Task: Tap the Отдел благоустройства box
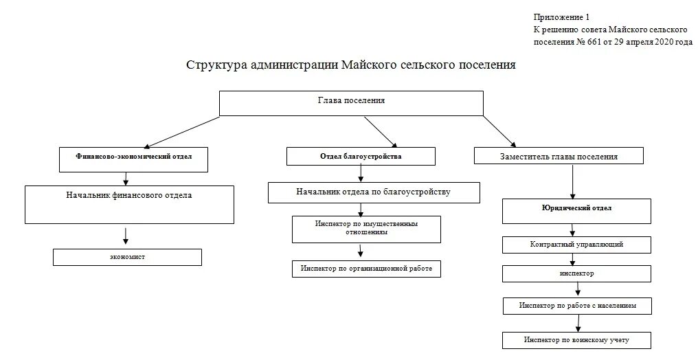[361, 157]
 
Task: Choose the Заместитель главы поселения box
[558, 157]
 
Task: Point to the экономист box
[128, 257]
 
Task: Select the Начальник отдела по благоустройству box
[373, 192]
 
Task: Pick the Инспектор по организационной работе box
[365, 269]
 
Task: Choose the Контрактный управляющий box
[576, 245]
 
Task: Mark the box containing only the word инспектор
[576, 273]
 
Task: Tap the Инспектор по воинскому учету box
[576, 339]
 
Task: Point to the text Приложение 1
[561, 16]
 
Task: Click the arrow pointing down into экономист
[126, 236]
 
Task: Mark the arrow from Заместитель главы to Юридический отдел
[572, 182]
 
